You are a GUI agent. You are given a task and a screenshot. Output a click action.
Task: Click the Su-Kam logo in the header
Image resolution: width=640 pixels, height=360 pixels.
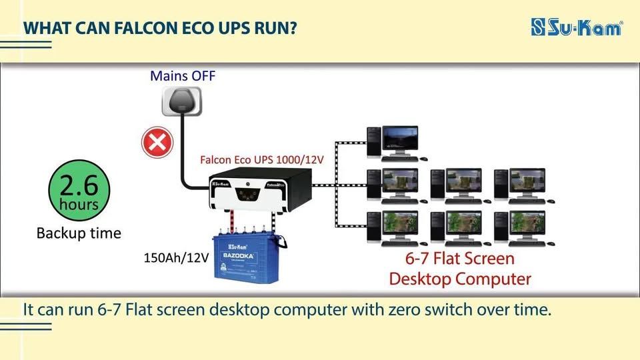(577, 27)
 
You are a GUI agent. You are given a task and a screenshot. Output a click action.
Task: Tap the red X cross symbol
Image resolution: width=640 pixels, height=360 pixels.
(157, 143)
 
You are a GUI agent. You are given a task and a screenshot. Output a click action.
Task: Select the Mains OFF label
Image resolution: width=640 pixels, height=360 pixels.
(183, 76)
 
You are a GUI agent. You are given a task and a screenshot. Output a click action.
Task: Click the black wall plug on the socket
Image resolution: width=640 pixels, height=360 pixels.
(182, 100)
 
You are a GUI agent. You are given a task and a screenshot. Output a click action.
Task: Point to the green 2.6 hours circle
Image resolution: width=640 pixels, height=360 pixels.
(79, 190)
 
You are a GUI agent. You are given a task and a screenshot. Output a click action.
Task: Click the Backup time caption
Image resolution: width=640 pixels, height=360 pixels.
(79, 233)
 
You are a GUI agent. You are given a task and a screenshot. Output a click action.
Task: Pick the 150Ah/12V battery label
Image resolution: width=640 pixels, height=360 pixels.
(176, 257)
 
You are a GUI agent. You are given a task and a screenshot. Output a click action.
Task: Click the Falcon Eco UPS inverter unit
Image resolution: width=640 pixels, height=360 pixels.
(260, 189)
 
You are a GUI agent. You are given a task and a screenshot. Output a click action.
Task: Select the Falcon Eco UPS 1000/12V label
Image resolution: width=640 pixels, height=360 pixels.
(261, 159)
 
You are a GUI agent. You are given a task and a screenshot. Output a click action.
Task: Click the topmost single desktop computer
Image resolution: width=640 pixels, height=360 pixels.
(397, 143)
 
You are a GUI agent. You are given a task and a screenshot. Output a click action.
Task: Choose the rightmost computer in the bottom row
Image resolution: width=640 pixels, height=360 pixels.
(524, 229)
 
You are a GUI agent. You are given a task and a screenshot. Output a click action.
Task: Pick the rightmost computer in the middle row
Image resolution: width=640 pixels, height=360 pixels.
(524, 186)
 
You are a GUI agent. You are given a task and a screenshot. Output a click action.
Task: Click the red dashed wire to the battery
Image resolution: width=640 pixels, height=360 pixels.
(232, 223)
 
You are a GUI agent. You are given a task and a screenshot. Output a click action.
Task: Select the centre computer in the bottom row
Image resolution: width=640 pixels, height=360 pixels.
(461, 229)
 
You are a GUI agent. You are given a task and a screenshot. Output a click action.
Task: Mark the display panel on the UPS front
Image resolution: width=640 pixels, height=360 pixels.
(248, 195)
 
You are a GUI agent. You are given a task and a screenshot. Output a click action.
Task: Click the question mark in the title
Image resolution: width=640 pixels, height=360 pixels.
(292, 28)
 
